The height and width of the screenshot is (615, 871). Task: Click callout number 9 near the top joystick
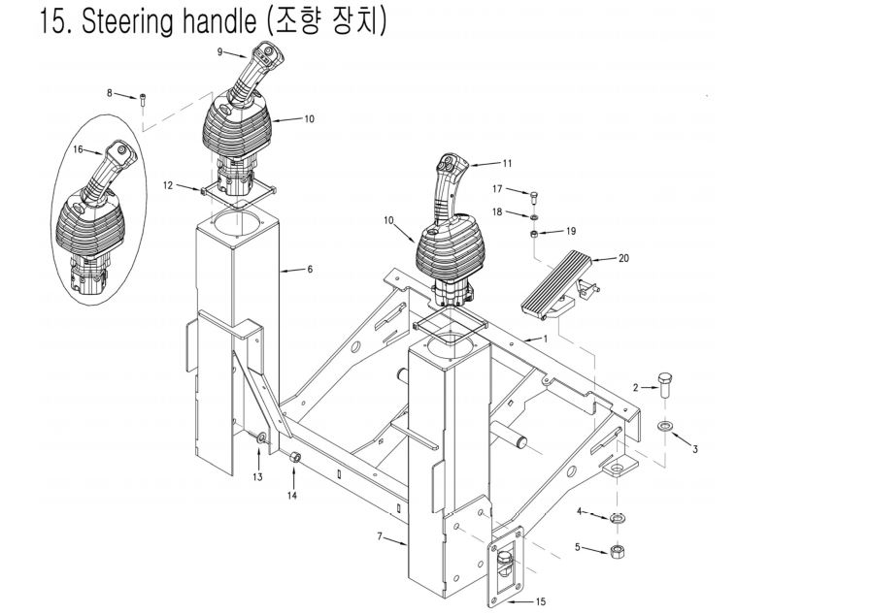pyautogui.click(x=219, y=50)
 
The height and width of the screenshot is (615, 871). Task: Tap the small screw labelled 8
pyautogui.click(x=143, y=98)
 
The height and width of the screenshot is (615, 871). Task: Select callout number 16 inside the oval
pyautogui.click(x=79, y=149)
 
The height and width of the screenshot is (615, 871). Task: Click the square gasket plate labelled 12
pyautogui.click(x=236, y=197)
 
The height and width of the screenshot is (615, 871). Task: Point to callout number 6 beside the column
pyautogui.click(x=310, y=269)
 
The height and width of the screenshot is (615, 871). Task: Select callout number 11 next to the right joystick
pyautogui.click(x=506, y=163)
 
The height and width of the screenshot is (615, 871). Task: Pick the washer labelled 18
pyautogui.click(x=533, y=216)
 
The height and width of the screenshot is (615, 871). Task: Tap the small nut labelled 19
pyautogui.click(x=534, y=234)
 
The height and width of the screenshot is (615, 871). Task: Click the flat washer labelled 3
pyautogui.click(x=665, y=427)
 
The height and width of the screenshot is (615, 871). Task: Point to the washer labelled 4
pyautogui.click(x=616, y=518)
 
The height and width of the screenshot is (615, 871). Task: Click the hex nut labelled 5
pyautogui.click(x=616, y=551)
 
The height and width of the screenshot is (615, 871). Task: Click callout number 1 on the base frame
pyautogui.click(x=546, y=339)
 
